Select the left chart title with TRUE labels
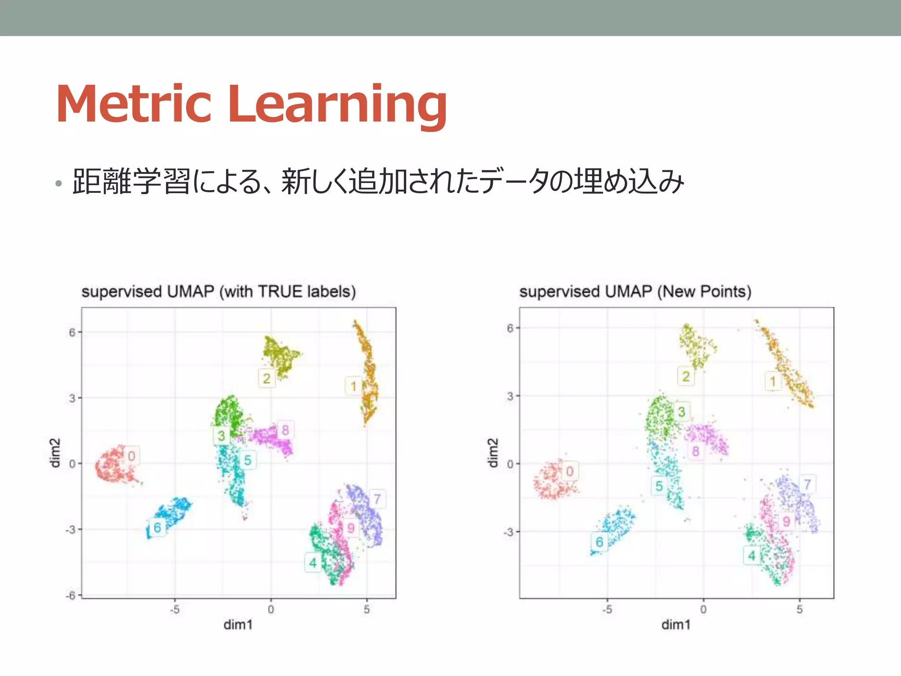tap(218, 291)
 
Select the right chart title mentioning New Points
tap(635, 291)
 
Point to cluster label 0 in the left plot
tap(131, 456)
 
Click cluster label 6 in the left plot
tap(157, 527)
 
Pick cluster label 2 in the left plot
tap(267, 378)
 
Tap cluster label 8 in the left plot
tap(285, 430)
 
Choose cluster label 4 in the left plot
tap(313, 562)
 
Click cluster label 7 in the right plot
tap(807, 484)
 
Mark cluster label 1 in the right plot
tap(773, 381)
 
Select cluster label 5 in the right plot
tap(659, 486)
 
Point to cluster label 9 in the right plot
tap(787, 522)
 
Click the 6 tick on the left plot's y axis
tap(72, 332)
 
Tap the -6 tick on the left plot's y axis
tap(70, 595)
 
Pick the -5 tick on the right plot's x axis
tap(607, 610)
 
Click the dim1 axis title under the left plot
tap(238, 625)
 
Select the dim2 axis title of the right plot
tap(493, 452)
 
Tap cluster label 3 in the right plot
tap(681, 412)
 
